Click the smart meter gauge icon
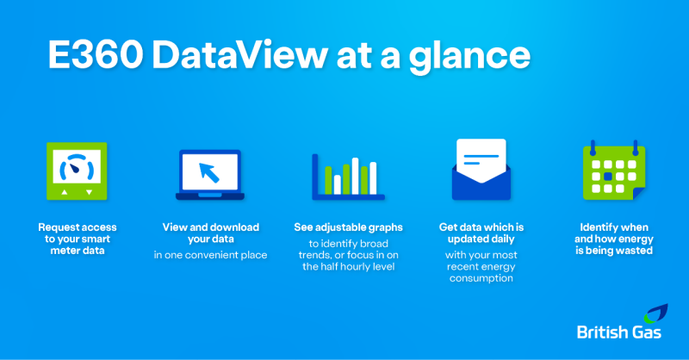77,171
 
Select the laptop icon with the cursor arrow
209,173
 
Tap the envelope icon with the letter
481,170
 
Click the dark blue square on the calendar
608,176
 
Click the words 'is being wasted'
614,251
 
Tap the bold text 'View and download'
211,227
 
